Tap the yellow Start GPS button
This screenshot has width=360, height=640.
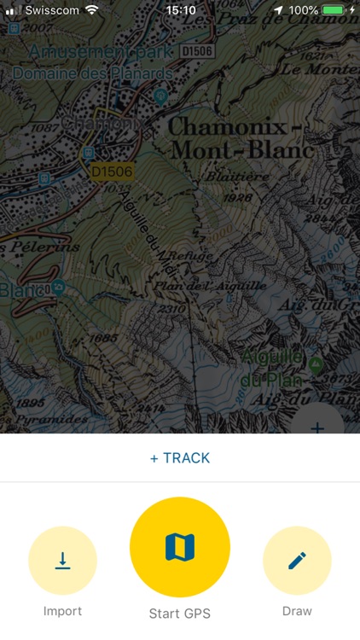point(180,547)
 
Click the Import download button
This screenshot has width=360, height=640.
point(62,561)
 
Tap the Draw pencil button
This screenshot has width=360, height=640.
point(297,561)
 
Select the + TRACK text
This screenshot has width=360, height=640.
point(180,458)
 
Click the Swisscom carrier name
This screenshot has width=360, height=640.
point(53,10)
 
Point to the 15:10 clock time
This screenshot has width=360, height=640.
point(180,10)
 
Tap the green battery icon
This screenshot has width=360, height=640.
point(334,10)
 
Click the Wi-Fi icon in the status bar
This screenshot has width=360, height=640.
point(92,10)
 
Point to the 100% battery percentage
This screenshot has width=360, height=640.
point(304,10)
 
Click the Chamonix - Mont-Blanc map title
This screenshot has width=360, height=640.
point(241,138)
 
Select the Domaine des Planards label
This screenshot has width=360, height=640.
point(92,73)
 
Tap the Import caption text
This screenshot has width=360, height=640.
point(62,611)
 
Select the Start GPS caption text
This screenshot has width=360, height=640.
point(180,614)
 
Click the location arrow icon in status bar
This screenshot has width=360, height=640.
point(278,10)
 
